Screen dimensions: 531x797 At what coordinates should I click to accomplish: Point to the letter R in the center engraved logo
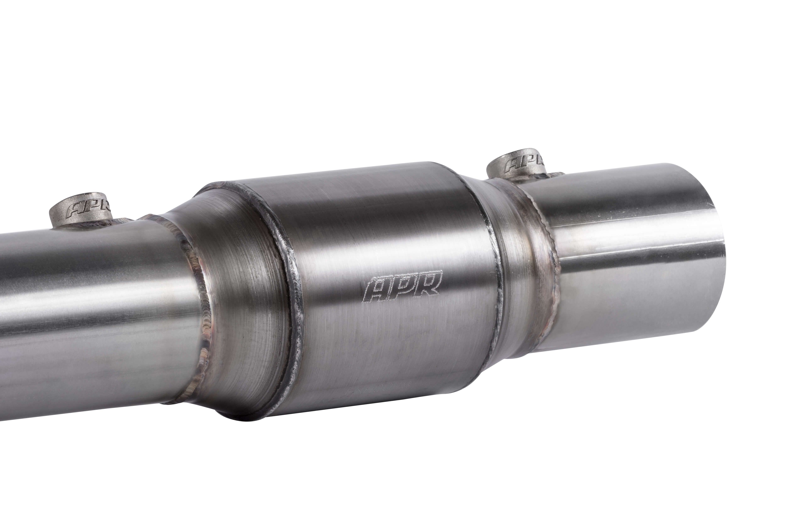click(429, 284)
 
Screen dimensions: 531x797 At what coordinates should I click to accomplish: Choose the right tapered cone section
click(517, 264)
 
